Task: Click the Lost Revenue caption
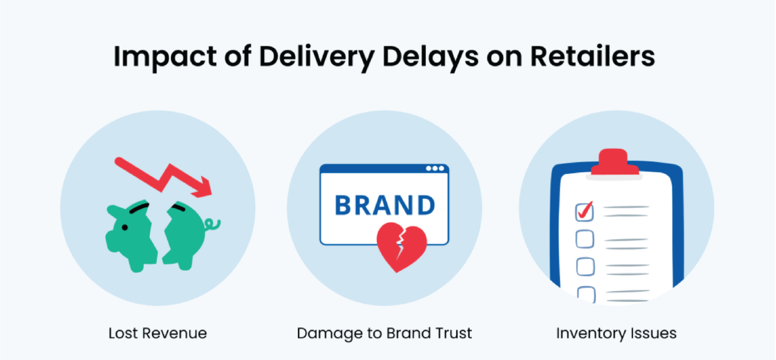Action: (x=158, y=333)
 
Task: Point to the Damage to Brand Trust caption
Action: (x=384, y=333)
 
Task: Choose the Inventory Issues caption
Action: (x=616, y=333)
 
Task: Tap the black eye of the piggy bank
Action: (x=125, y=227)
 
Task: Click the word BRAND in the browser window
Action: (x=385, y=206)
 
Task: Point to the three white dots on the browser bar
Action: (x=435, y=168)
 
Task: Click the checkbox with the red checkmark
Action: (x=584, y=212)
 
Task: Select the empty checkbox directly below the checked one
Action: (x=584, y=239)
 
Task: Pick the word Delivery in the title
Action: (x=316, y=57)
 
